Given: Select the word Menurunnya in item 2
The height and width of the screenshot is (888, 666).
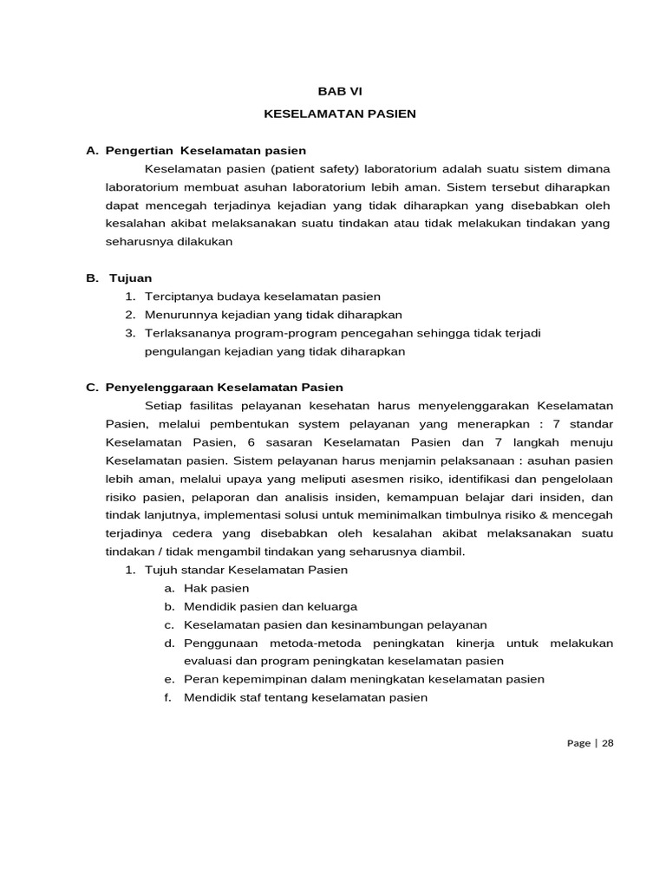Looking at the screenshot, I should point(177,315).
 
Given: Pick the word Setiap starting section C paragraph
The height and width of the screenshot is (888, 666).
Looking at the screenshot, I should point(164,406).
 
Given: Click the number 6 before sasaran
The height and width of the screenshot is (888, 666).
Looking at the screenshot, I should point(251,442).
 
